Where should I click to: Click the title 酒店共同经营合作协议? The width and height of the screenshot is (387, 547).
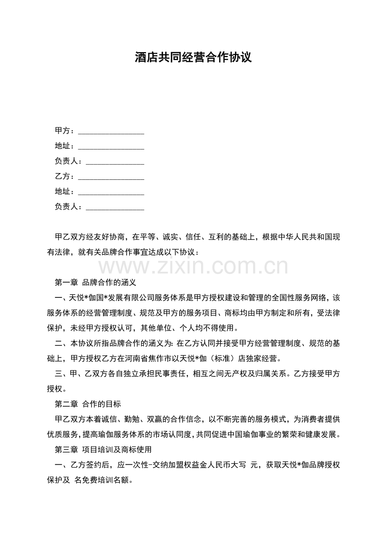(193, 58)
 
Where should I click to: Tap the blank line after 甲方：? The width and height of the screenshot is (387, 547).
(111, 131)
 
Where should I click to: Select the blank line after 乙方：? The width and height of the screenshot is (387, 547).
(111, 176)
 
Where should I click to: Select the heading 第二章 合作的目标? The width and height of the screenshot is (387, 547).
(87, 404)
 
